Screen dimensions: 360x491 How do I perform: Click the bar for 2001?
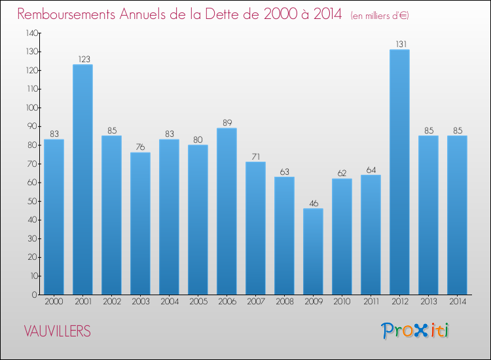coord(82,179)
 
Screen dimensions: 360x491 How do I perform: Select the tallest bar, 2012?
coord(399,171)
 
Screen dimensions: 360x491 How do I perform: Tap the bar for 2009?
coord(313,251)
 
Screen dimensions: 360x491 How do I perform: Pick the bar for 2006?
coord(227,211)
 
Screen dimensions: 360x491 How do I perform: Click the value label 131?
coord(399,45)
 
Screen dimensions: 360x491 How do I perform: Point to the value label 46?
coord(313,204)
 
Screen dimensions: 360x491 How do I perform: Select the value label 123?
coord(82,60)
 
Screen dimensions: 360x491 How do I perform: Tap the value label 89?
coord(227,123)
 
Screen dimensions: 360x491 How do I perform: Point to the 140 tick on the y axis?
coord(31,33)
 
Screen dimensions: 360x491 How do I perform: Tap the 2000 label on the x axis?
coord(54,301)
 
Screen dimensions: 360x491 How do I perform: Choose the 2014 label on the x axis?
coord(457,301)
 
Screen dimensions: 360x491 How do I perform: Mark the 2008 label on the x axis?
coord(284,301)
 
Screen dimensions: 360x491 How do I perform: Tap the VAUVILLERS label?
coord(58,331)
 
